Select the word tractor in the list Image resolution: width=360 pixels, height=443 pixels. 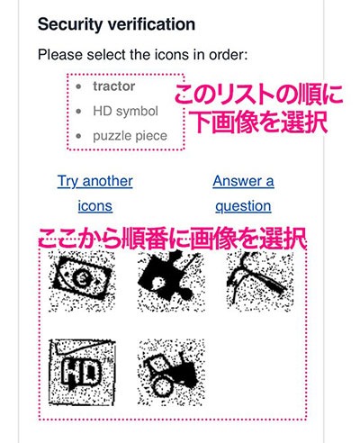[x=113, y=86]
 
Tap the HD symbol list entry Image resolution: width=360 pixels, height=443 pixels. [x=125, y=112]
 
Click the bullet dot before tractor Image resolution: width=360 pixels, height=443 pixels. [x=80, y=87]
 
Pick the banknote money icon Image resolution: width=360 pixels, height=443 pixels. [x=80, y=280]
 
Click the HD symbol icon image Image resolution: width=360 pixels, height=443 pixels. [x=80, y=369]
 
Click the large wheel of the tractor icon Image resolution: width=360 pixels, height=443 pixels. [x=163, y=383]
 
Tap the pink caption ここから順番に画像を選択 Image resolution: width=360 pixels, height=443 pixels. [x=171, y=240]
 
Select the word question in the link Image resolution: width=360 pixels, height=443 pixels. [x=243, y=205]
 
